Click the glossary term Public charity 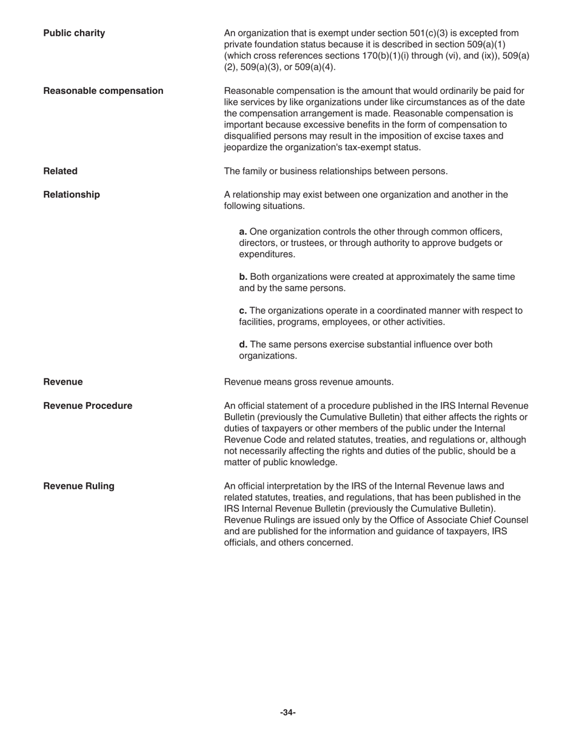(x=74, y=33)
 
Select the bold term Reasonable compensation (x=103, y=91)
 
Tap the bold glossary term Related (x=60, y=171)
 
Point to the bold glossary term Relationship (x=72, y=194)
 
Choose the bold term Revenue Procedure (x=87, y=405)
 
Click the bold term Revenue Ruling (x=78, y=486)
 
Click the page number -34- (x=288, y=712)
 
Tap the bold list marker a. (x=243, y=231)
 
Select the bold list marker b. (x=243, y=277)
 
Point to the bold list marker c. (x=243, y=311)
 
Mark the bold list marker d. (x=243, y=345)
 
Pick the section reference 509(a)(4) (x=314, y=67)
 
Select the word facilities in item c (x=257, y=322)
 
